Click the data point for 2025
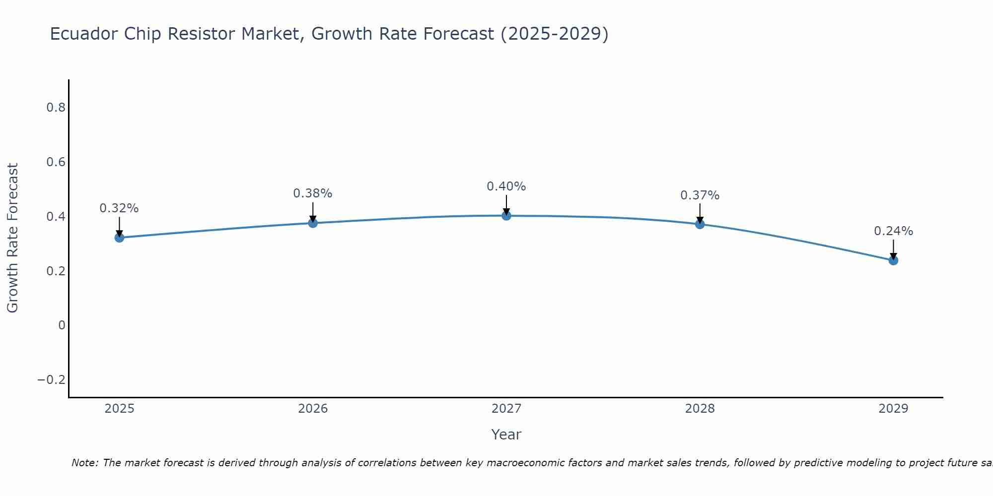(119, 238)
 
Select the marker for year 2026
(313, 223)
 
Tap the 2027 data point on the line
(506, 216)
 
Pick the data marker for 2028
(700, 224)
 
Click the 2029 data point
(893, 260)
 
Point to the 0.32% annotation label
(119, 208)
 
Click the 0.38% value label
(313, 193)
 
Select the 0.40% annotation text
(506, 186)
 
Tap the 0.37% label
(700, 195)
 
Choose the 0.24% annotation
(893, 231)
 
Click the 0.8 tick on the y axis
(56, 108)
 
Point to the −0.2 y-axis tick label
(52, 380)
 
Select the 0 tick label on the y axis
(62, 325)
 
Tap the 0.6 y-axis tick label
(56, 162)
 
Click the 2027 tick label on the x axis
(506, 409)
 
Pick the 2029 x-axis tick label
(893, 409)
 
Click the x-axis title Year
(506, 434)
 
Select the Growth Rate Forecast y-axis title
(12, 238)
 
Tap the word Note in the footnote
(85, 463)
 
